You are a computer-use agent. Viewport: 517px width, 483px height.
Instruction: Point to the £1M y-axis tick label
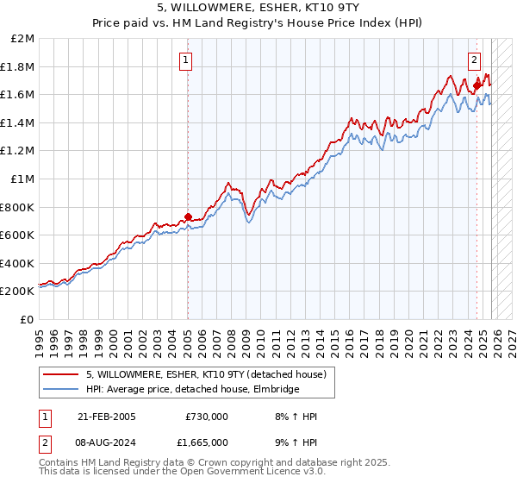click(23, 179)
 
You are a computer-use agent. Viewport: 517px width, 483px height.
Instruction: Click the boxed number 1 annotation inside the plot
click(187, 60)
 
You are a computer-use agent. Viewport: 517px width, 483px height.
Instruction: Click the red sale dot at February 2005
click(188, 216)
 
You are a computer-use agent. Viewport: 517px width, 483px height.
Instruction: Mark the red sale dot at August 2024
click(477, 85)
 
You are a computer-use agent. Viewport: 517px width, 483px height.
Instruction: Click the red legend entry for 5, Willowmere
click(206, 375)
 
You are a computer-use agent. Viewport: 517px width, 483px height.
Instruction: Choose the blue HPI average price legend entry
click(192, 390)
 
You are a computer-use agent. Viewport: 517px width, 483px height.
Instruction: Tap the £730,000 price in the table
click(207, 417)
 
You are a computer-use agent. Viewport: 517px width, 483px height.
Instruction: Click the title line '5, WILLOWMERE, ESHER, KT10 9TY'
click(258, 9)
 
